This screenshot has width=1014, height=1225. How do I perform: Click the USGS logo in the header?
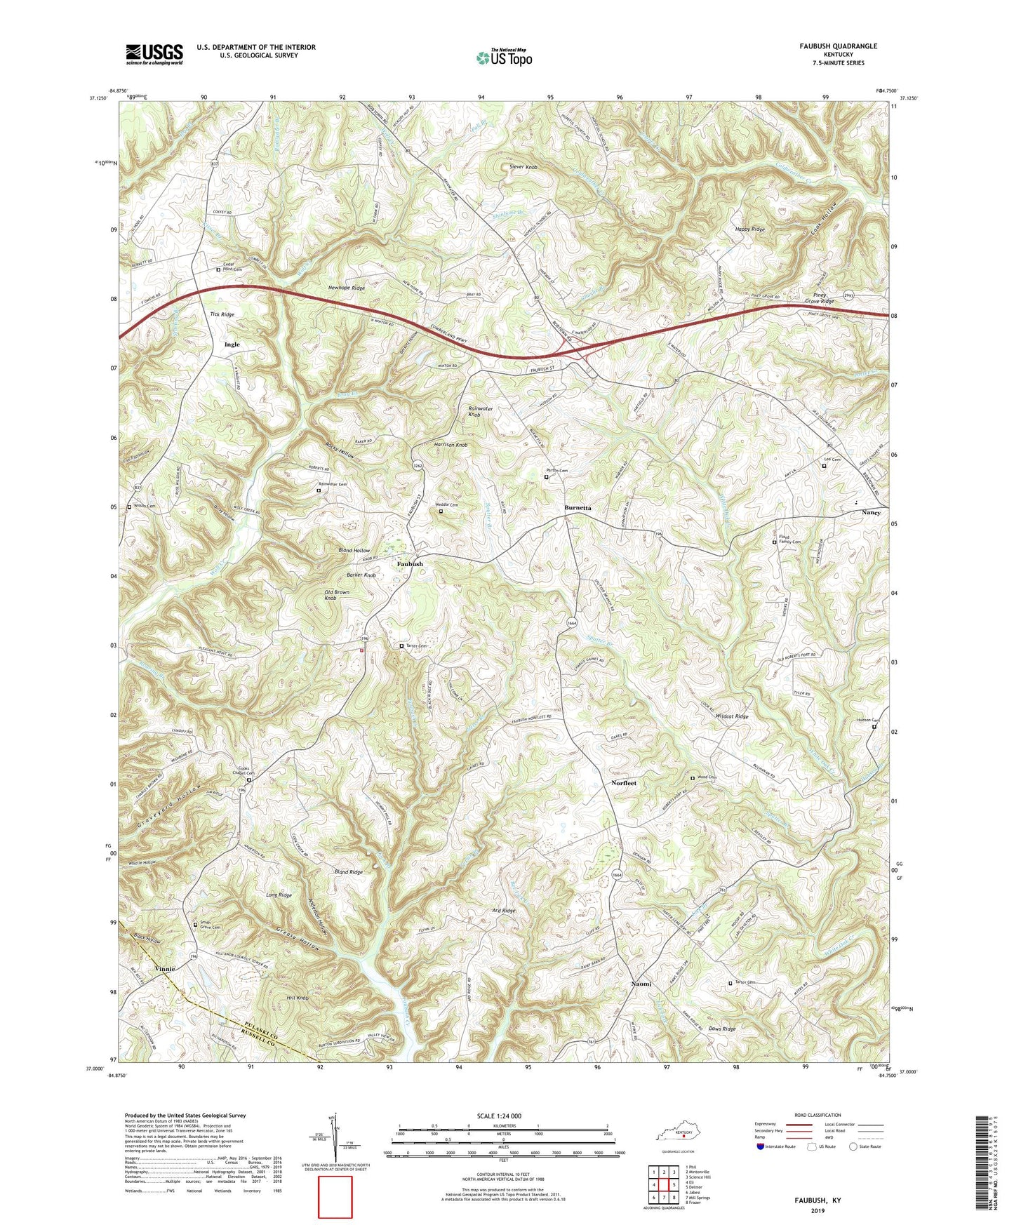tap(154, 53)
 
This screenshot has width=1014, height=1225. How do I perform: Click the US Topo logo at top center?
tap(504, 58)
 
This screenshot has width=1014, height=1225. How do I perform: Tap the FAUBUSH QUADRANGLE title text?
tap(827, 46)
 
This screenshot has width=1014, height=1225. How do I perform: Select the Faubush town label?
tap(410, 564)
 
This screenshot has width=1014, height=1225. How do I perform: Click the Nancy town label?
tap(871, 513)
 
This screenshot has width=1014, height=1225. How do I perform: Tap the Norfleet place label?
tap(623, 782)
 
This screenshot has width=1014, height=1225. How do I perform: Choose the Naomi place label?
tap(639, 984)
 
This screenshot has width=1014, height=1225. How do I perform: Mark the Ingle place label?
tap(232, 344)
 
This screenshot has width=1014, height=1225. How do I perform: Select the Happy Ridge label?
tap(749, 229)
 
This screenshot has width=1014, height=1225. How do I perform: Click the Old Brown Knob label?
tap(337, 596)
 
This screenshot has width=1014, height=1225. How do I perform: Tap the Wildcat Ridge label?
tap(731, 716)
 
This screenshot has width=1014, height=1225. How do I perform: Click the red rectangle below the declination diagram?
tap(335, 1197)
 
